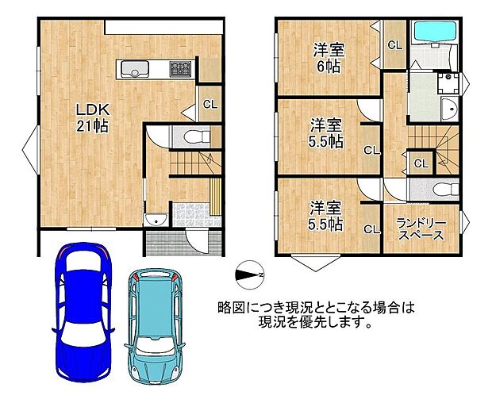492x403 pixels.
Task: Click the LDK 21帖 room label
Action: coord(92,117)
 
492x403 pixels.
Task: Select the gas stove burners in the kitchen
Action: coord(181,70)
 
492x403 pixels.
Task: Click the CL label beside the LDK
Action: coord(209,104)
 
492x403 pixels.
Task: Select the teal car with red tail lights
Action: coord(157,314)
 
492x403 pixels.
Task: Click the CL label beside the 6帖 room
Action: coord(394,45)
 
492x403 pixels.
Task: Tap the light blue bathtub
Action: coord(434,33)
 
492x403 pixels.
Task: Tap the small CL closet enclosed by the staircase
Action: coord(421,163)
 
